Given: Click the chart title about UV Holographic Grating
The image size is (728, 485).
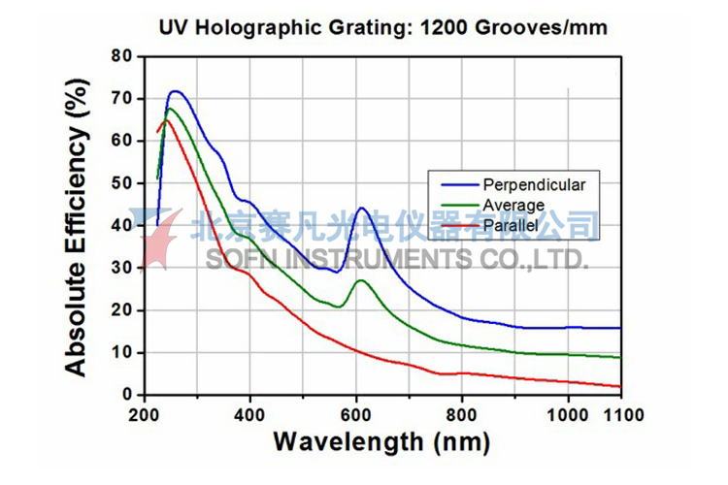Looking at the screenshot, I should coord(383,27).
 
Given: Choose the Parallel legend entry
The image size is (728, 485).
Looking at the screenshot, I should coord(511,226).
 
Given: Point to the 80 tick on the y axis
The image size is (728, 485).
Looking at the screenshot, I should coord(120,56).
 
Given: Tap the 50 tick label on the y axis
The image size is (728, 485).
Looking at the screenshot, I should coord(120,183).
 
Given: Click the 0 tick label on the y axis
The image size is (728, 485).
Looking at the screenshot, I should coord(126,395).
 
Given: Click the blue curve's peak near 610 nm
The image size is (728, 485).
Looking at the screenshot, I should coord(361,208).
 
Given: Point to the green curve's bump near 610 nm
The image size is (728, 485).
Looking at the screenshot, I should coord(361,280).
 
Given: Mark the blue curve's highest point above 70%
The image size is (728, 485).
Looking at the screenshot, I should coord(175,91).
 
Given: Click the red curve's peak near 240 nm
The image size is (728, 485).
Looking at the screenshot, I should coord(166,120).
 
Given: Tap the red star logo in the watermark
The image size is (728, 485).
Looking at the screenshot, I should coord(160,237).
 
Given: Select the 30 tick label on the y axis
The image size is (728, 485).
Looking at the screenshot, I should coord(120,268).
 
